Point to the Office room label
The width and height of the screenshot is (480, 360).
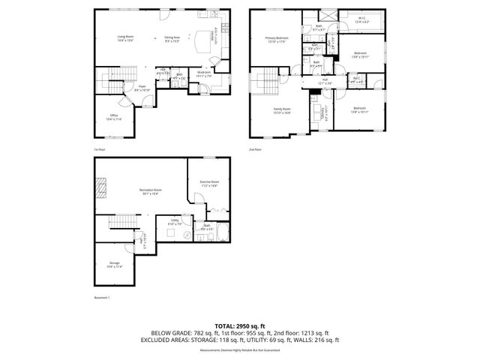(x=113, y=118)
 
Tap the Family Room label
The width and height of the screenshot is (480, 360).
(x=281, y=110)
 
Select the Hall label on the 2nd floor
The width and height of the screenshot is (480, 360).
(x=325, y=81)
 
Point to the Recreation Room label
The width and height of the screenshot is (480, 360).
(x=151, y=190)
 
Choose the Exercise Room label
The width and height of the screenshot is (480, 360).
(x=209, y=184)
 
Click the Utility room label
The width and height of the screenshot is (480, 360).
(x=175, y=223)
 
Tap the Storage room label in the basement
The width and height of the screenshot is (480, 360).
(x=114, y=264)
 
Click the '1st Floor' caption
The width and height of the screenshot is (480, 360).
(x=100, y=149)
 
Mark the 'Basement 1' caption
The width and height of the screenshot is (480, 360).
(x=101, y=298)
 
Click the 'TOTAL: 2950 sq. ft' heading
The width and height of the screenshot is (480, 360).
(x=240, y=325)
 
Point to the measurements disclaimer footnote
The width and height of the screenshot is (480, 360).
(x=240, y=349)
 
